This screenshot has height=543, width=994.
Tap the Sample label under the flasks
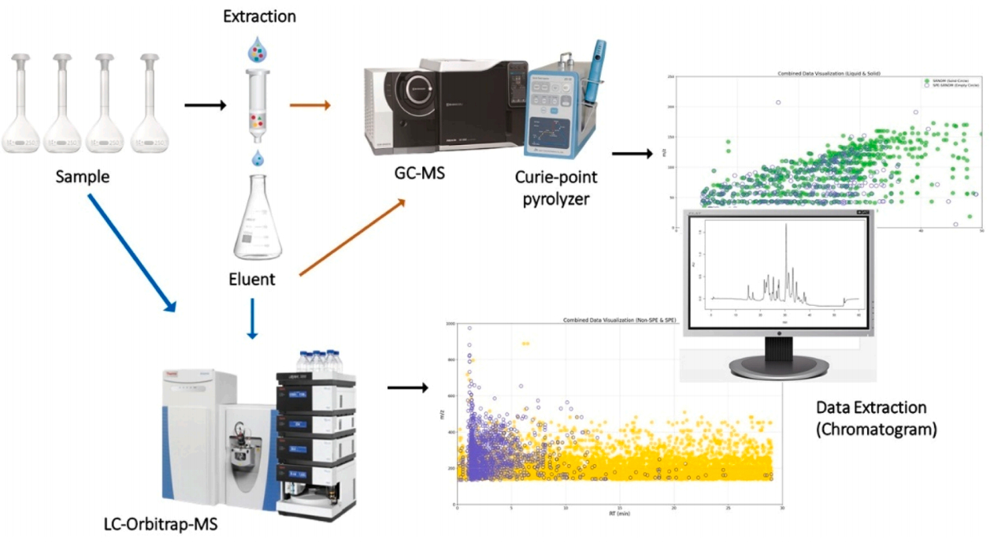(x=82, y=177)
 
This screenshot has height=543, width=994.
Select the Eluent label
(x=251, y=278)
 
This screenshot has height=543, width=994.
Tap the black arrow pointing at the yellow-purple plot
(x=407, y=387)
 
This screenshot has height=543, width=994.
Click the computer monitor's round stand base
(x=779, y=366)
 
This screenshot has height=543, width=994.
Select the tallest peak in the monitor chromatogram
(x=785, y=229)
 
